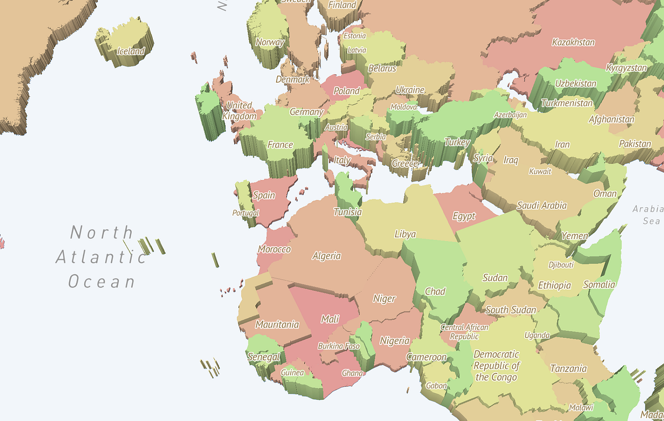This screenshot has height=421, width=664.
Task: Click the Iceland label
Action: coord(131,52)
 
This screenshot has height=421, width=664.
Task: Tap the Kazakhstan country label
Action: coord(573,42)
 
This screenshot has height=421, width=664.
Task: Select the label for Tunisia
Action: coord(347,212)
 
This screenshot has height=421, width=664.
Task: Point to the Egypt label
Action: coord(464,216)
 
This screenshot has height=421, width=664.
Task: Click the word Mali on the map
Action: coord(330,319)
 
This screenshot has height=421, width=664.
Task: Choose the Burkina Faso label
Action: coord(338,346)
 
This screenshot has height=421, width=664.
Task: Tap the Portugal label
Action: coord(245,213)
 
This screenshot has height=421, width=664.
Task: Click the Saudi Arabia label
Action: coord(542,206)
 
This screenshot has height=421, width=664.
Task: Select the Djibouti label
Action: coord(561,265)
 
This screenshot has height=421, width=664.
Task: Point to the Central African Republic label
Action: coord(464,331)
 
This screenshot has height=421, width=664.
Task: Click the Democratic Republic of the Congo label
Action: coord(496,366)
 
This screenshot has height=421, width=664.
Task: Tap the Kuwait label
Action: coord(540,171)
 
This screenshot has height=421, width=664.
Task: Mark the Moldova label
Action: coord(404,107)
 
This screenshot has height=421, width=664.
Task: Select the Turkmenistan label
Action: coord(567,103)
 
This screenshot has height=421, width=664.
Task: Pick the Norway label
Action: coord(270,42)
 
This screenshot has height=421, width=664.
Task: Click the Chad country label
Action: coord(435,291)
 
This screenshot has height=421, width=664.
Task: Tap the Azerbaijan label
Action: coord(510,115)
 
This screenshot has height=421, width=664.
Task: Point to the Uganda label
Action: coord(537,335)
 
